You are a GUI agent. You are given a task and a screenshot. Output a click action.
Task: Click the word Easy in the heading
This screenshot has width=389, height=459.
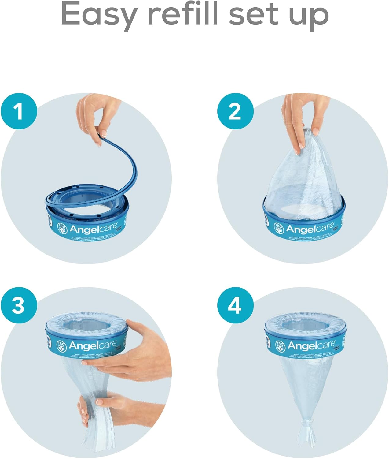pyautogui.click(x=98, y=14)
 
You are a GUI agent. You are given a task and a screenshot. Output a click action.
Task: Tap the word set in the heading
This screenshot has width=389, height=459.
pyautogui.click(x=254, y=14)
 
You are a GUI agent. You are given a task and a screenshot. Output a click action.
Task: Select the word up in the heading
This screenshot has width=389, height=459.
pyautogui.click(x=309, y=15)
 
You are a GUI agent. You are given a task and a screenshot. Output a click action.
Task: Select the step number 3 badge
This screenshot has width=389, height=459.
pyautogui.click(x=19, y=305)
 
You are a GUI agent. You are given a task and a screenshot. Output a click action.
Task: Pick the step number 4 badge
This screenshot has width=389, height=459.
pyautogui.click(x=235, y=305)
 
